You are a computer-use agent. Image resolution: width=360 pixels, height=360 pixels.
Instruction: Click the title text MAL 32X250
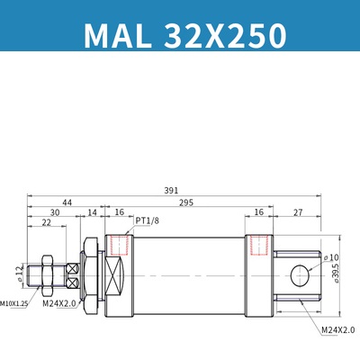tap(184, 34)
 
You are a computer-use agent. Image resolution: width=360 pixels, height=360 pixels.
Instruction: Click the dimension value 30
tap(55, 212)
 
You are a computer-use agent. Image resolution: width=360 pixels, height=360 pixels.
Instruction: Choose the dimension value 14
tap(92, 212)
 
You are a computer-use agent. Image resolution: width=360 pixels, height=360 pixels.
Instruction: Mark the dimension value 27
tap(297, 212)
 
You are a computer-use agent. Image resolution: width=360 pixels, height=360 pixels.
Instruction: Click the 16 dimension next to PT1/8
tap(120, 212)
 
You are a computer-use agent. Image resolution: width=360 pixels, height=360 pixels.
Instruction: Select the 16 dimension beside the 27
tap(258, 212)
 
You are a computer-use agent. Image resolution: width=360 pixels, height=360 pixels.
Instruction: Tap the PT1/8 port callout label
tap(149, 220)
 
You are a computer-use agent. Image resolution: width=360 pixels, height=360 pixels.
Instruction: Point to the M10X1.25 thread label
tap(13, 305)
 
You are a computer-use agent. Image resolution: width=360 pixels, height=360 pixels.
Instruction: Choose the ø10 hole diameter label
tap(329, 256)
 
